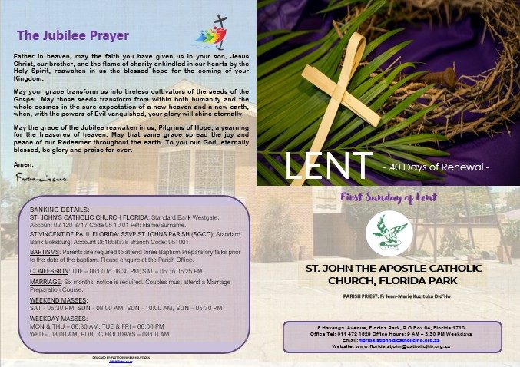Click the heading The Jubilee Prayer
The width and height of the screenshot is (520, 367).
(x=72, y=35)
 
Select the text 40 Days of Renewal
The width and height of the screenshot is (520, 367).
(x=436, y=166)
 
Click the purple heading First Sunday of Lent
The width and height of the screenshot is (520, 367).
(x=389, y=197)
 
